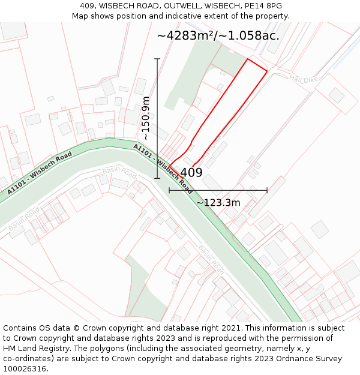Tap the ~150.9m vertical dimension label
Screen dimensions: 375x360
[145, 118]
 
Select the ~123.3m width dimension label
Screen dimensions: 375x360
[218, 203]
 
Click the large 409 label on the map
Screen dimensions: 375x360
[191, 173]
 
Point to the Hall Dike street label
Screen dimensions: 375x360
[302, 79]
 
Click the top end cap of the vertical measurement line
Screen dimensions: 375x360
[157, 59]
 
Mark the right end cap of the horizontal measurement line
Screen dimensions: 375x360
[267, 190]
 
